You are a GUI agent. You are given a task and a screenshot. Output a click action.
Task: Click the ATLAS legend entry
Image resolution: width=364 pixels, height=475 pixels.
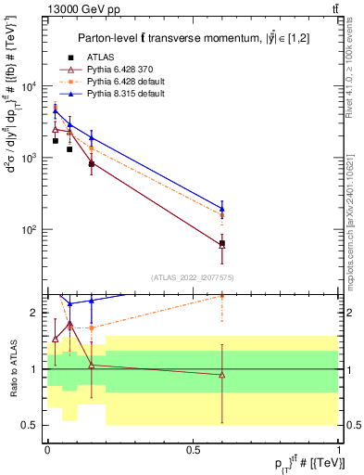(x=100, y=58)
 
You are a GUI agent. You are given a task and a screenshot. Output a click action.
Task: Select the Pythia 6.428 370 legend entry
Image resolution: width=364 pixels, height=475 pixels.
(x=117, y=70)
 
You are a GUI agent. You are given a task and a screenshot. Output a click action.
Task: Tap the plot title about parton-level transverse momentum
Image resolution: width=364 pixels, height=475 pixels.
(x=193, y=37)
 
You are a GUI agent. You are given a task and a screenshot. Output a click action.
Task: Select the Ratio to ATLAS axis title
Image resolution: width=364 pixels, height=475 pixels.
(x=12, y=368)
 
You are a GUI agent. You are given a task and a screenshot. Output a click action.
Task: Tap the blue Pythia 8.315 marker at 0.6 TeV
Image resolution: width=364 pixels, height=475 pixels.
(x=221, y=209)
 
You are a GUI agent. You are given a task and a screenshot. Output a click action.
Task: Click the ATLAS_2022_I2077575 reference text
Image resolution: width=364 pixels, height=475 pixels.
(x=192, y=276)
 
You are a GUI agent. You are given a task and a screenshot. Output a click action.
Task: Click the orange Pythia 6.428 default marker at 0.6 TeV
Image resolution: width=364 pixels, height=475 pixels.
(x=221, y=214)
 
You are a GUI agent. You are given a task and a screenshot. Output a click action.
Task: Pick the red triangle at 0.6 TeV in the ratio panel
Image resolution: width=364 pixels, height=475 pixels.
(x=221, y=375)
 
